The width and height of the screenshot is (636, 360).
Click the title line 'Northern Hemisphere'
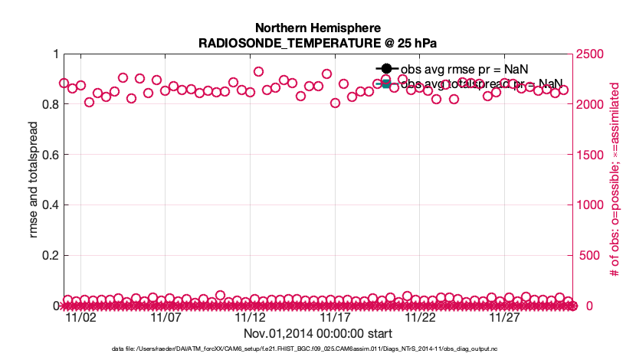pyautogui.click(x=317, y=28)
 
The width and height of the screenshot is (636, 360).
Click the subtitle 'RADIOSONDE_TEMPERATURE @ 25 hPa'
pyautogui.click(x=317, y=43)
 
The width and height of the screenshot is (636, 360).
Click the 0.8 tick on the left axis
pyautogui.click(x=48, y=104)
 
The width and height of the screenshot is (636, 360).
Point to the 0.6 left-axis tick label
pyautogui.click(x=48, y=155)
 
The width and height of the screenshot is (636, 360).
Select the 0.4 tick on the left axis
pyautogui.click(x=48, y=205)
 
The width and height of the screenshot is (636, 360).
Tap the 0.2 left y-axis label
pyautogui.click(x=48, y=256)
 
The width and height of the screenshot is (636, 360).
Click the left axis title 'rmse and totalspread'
pyautogui.click(x=33, y=180)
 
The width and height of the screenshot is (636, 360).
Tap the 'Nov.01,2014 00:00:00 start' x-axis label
pyautogui.click(x=317, y=334)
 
